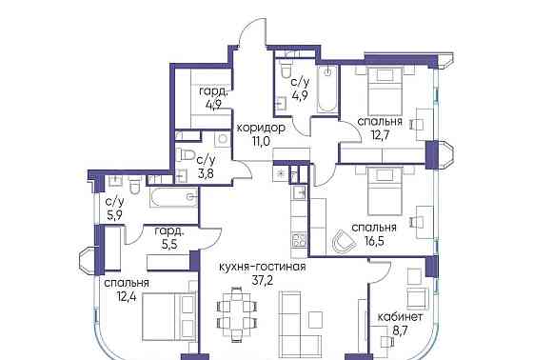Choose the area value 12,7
[380, 137]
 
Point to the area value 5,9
[115, 215]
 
